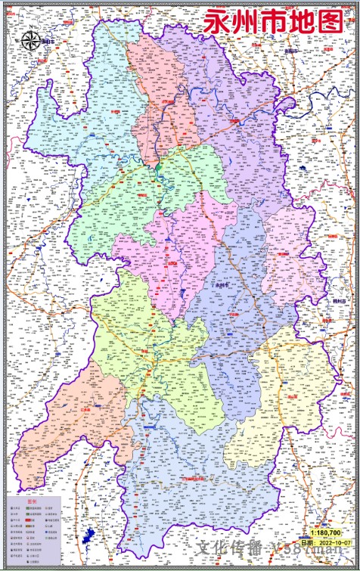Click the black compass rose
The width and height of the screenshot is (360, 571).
31,42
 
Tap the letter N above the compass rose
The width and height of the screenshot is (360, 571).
31,30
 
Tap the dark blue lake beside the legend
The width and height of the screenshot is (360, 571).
89,538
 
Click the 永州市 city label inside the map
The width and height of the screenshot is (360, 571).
222,285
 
